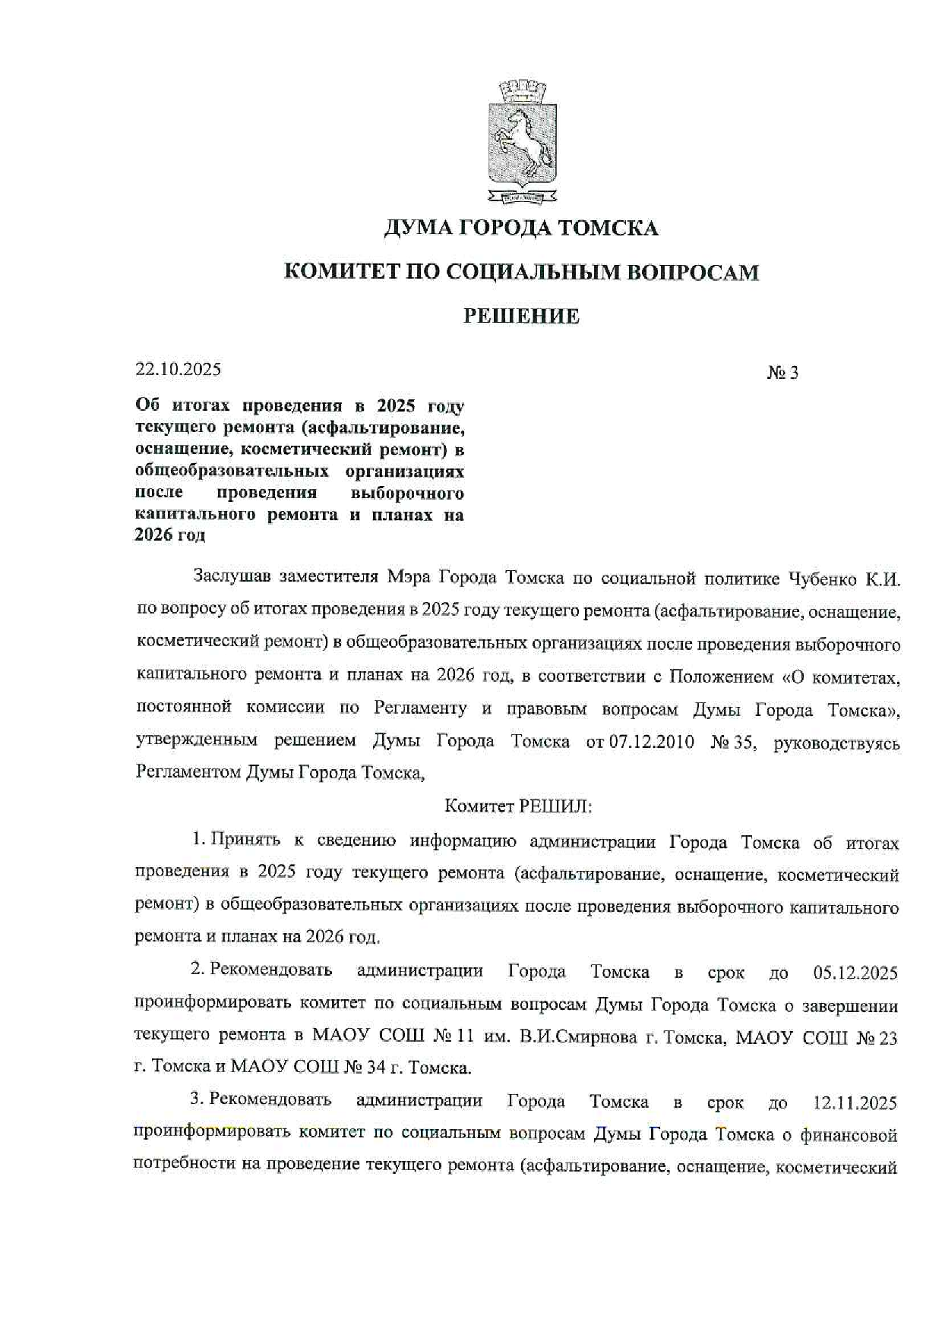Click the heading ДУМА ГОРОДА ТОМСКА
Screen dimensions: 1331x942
[x=521, y=228]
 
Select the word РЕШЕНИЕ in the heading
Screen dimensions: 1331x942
[x=521, y=317]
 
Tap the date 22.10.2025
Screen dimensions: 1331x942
[x=179, y=370]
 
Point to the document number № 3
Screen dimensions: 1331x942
[x=782, y=373]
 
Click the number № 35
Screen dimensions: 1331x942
[x=733, y=741]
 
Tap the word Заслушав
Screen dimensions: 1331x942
[x=232, y=578]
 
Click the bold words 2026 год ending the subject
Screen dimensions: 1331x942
[x=170, y=535]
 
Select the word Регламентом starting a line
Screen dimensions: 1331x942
[x=188, y=773]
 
